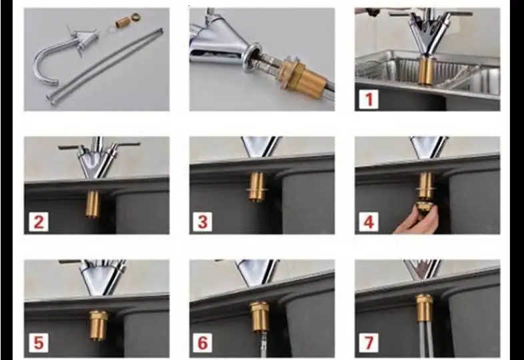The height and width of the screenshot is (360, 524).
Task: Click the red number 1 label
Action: click(x=369, y=99)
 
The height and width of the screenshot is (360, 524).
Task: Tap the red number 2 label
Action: click(x=39, y=222)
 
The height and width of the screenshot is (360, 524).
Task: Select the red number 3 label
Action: click(x=203, y=222)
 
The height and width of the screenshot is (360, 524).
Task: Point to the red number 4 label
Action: click(x=369, y=222)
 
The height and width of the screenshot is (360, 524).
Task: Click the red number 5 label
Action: click(x=39, y=343)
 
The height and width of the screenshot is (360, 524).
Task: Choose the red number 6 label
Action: click(x=203, y=343)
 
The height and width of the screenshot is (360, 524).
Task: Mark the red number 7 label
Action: click(x=369, y=343)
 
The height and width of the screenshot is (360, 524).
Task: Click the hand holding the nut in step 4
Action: click(x=418, y=221)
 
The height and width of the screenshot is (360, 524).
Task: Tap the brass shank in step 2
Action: click(x=92, y=204)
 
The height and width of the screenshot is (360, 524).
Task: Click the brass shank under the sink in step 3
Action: click(x=257, y=187)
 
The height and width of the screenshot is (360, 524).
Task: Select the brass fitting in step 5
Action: click(x=98, y=325)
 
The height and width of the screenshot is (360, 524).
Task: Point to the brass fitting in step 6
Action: click(x=259, y=317)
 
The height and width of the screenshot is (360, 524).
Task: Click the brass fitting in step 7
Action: click(x=424, y=308)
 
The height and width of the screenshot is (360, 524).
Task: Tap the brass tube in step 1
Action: click(x=426, y=71)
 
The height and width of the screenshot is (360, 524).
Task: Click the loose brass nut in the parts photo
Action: click(x=135, y=16)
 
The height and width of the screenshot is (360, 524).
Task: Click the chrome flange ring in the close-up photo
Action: click(x=249, y=57)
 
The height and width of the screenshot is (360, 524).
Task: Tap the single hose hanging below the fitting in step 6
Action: click(x=263, y=344)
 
